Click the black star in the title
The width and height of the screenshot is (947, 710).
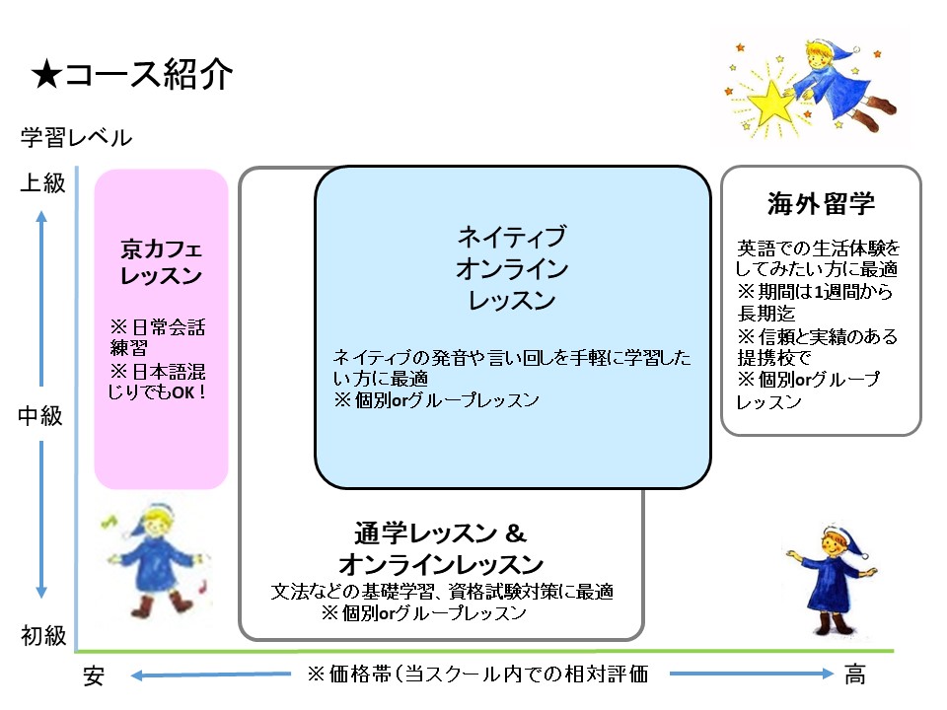point(47,75)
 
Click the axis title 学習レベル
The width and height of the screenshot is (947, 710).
point(76,138)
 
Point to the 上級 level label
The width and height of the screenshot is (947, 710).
point(42,182)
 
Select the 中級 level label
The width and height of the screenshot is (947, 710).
point(40,415)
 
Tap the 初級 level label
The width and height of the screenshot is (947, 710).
point(43,635)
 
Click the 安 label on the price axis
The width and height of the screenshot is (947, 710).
point(94,675)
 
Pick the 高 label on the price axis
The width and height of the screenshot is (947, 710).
point(854,674)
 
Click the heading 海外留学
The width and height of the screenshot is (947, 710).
point(822,203)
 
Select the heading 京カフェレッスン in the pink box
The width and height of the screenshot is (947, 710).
point(161,261)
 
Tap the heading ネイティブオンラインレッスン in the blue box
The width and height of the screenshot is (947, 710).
point(512,268)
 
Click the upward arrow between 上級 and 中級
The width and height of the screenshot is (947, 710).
point(41,298)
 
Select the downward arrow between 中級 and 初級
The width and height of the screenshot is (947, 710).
point(41,520)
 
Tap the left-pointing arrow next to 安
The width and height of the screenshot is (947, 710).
point(211,674)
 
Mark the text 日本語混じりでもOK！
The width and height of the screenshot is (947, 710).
point(157,382)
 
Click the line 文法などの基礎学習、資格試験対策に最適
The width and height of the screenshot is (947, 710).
point(442,591)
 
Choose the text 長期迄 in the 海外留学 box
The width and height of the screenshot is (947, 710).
point(765,314)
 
